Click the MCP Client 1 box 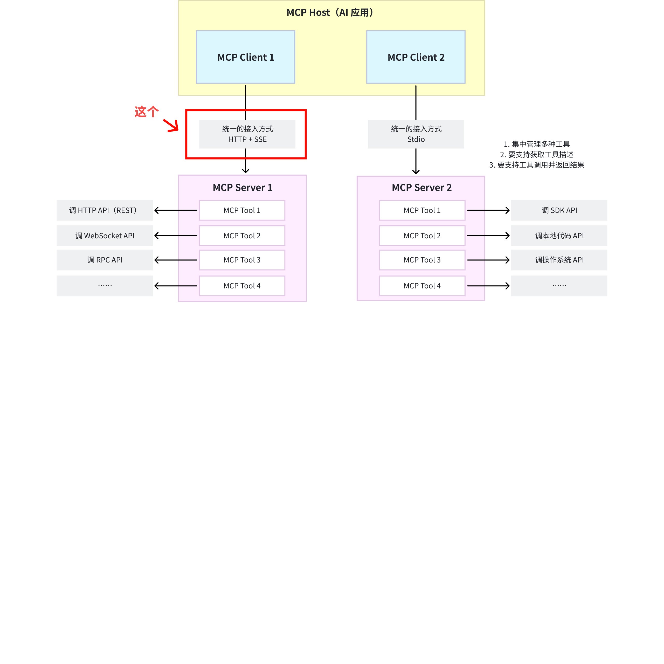(x=245, y=57)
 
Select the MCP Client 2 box (x=416, y=57)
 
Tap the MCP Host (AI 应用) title (x=330, y=13)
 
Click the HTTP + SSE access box (x=247, y=134)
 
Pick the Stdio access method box (x=416, y=134)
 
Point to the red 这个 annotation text (x=146, y=112)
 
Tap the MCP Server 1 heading (x=242, y=188)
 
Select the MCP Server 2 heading (x=421, y=188)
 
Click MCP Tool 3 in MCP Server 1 (x=242, y=260)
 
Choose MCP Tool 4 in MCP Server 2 (x=422, y=286)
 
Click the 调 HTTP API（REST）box (x=105, y=210)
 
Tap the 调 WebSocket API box (x=105, y=236)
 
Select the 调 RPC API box (x=105, y=260)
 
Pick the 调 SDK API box (x=559, y=210)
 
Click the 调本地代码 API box (x=559, y=236)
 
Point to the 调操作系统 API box (x=559, y=260)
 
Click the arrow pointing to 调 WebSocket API (x=176, y=236)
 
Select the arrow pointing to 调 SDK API (x=488, y=210)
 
